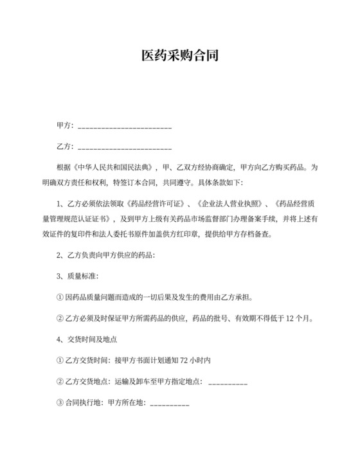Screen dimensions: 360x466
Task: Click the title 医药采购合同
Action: point(180,56)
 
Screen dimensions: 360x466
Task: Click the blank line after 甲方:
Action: point(125,126)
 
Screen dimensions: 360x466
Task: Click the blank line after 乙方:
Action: point(125,147)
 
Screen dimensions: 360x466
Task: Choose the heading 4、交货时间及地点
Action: point(87,339)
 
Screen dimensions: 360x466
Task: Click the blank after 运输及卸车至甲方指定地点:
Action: point(228,383)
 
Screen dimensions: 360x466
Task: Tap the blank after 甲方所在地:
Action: point(170,404)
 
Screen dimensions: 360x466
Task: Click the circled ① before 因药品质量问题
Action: point(60,297)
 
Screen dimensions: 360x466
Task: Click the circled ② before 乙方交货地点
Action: point(60,382)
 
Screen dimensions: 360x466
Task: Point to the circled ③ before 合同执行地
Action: point(60,403)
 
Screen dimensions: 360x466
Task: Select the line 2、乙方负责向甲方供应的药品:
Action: point(106,255)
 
